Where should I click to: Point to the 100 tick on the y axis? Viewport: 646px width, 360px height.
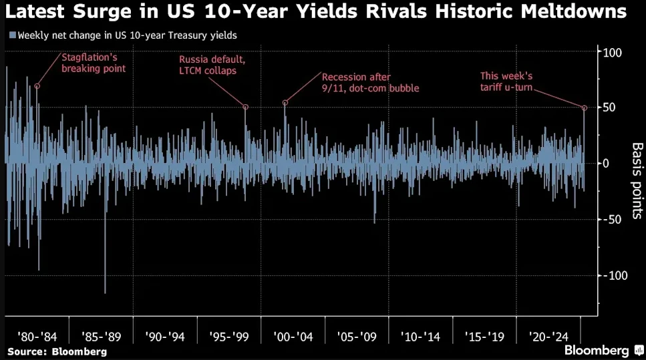coord(613,53)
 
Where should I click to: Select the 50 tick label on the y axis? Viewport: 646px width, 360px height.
coord(610,108)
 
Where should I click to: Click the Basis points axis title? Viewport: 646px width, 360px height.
coord(637,180)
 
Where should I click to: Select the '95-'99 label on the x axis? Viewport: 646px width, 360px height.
coord(228,335)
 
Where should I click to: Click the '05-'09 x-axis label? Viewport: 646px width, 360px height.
coord(356,335)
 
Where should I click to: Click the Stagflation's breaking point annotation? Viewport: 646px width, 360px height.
coord(94,63)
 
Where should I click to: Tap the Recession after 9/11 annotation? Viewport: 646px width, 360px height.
coord(371,82)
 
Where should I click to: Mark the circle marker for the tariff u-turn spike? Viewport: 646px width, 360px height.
coord(585,108)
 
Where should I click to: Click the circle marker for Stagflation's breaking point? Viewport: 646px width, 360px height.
coord(37,86)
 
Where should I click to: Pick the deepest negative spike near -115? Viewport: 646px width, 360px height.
coord(105,291)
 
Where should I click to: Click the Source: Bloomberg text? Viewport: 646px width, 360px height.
coord(57,351)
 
